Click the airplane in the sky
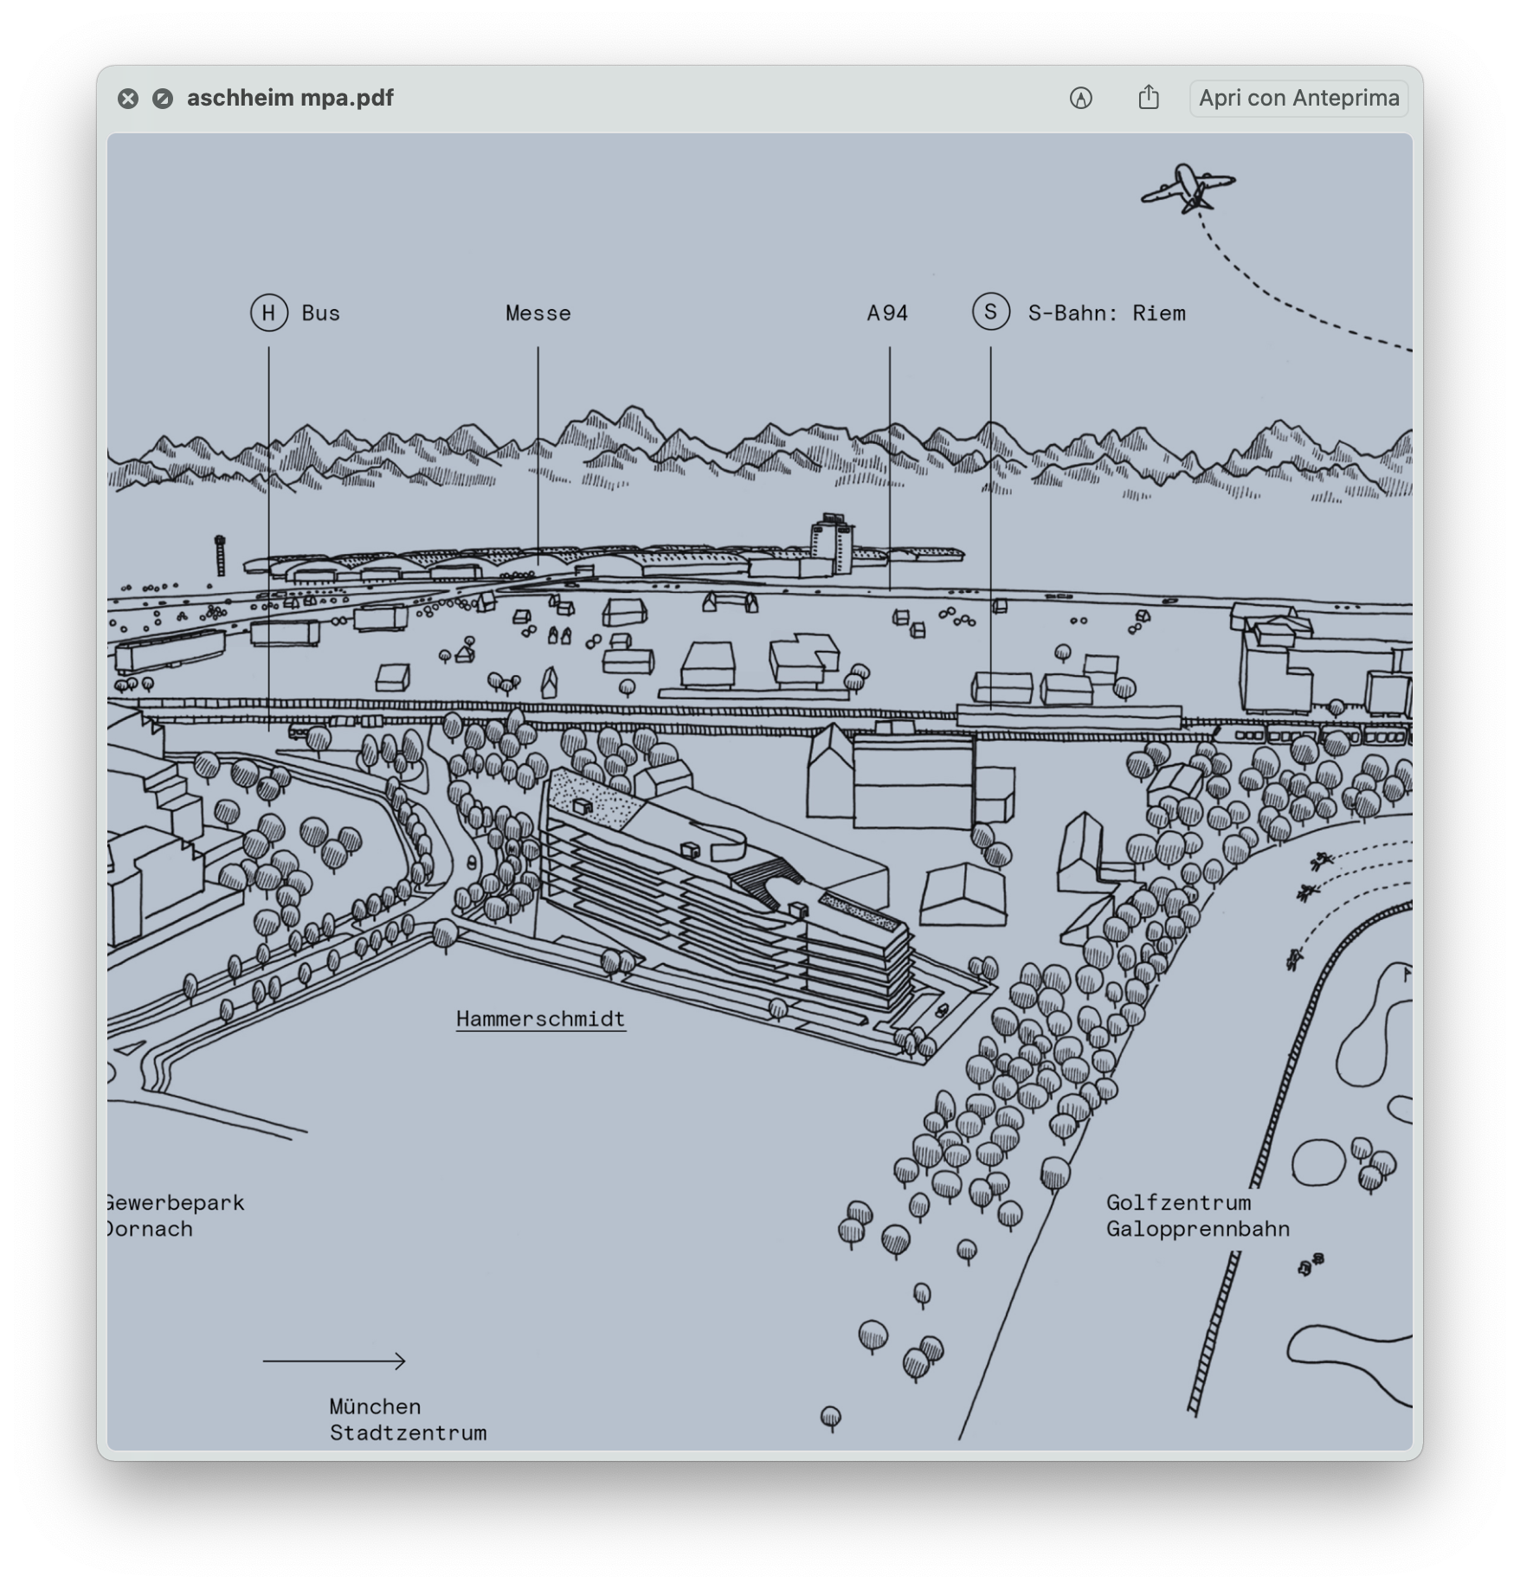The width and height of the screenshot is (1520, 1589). click(x=1188, y=188)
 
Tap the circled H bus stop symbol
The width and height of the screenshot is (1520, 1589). click(x=269, y=312)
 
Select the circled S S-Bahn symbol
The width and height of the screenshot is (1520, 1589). click(x=991, y=312)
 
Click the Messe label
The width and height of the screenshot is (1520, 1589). click(x=538, y=313)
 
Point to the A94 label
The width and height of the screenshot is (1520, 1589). click(x=888, y=313)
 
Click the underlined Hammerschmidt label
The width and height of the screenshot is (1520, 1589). click(x=541, y=1020)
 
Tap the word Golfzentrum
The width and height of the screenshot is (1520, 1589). click(x=1179, y=1202)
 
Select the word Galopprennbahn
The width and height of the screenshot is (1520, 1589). click(x=1198, y=1229)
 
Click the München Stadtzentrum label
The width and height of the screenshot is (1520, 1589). click(x=408, y=1419)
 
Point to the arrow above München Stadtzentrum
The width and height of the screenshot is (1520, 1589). click(x=334, y=1361)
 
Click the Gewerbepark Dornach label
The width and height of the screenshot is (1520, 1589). click(x=175, y=1216)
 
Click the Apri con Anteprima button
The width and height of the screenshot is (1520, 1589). click(x=1298, y=98)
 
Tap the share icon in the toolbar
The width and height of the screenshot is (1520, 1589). click(x=1149, y=97)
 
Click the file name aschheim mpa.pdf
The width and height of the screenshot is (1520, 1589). click(x=290, y=98)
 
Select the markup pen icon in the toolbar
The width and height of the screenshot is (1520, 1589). click(x=1081, y=98)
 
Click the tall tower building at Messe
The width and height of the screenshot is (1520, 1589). click(x=832, y=544)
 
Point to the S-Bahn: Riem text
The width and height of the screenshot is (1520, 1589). click(x=1107, y=313)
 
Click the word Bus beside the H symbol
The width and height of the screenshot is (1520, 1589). click(x=321, y=313)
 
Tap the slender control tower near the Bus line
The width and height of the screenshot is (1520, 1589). click(x=220, y=555)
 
